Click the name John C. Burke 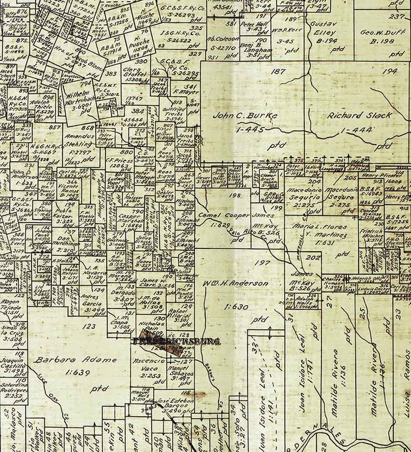click(x=245, y=115)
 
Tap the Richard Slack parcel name click(x=359, y=116)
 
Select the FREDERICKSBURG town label click(x=177, y=341)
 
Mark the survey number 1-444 click(x=357, y=129)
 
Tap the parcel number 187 click(x=277, y=71)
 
